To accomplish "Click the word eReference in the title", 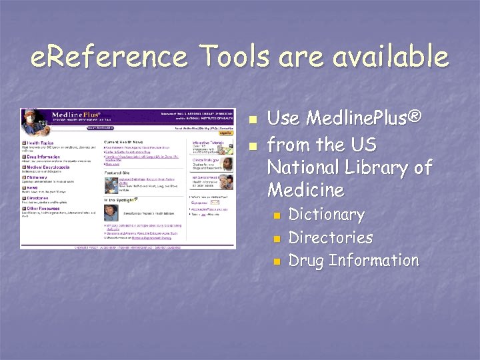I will pyautogui.click(x=106, y=57).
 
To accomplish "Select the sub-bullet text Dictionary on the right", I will pyautogui.click(x=326, y=215).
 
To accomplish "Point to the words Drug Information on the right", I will pyautogui.click(x=353, y=260).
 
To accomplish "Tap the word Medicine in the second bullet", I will pyautogui.click(x=305, y=190).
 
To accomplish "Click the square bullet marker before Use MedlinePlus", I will pyautogui.click(x=251, y=121).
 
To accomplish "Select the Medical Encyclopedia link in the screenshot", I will pyautogui.click(x=46, y=167).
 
